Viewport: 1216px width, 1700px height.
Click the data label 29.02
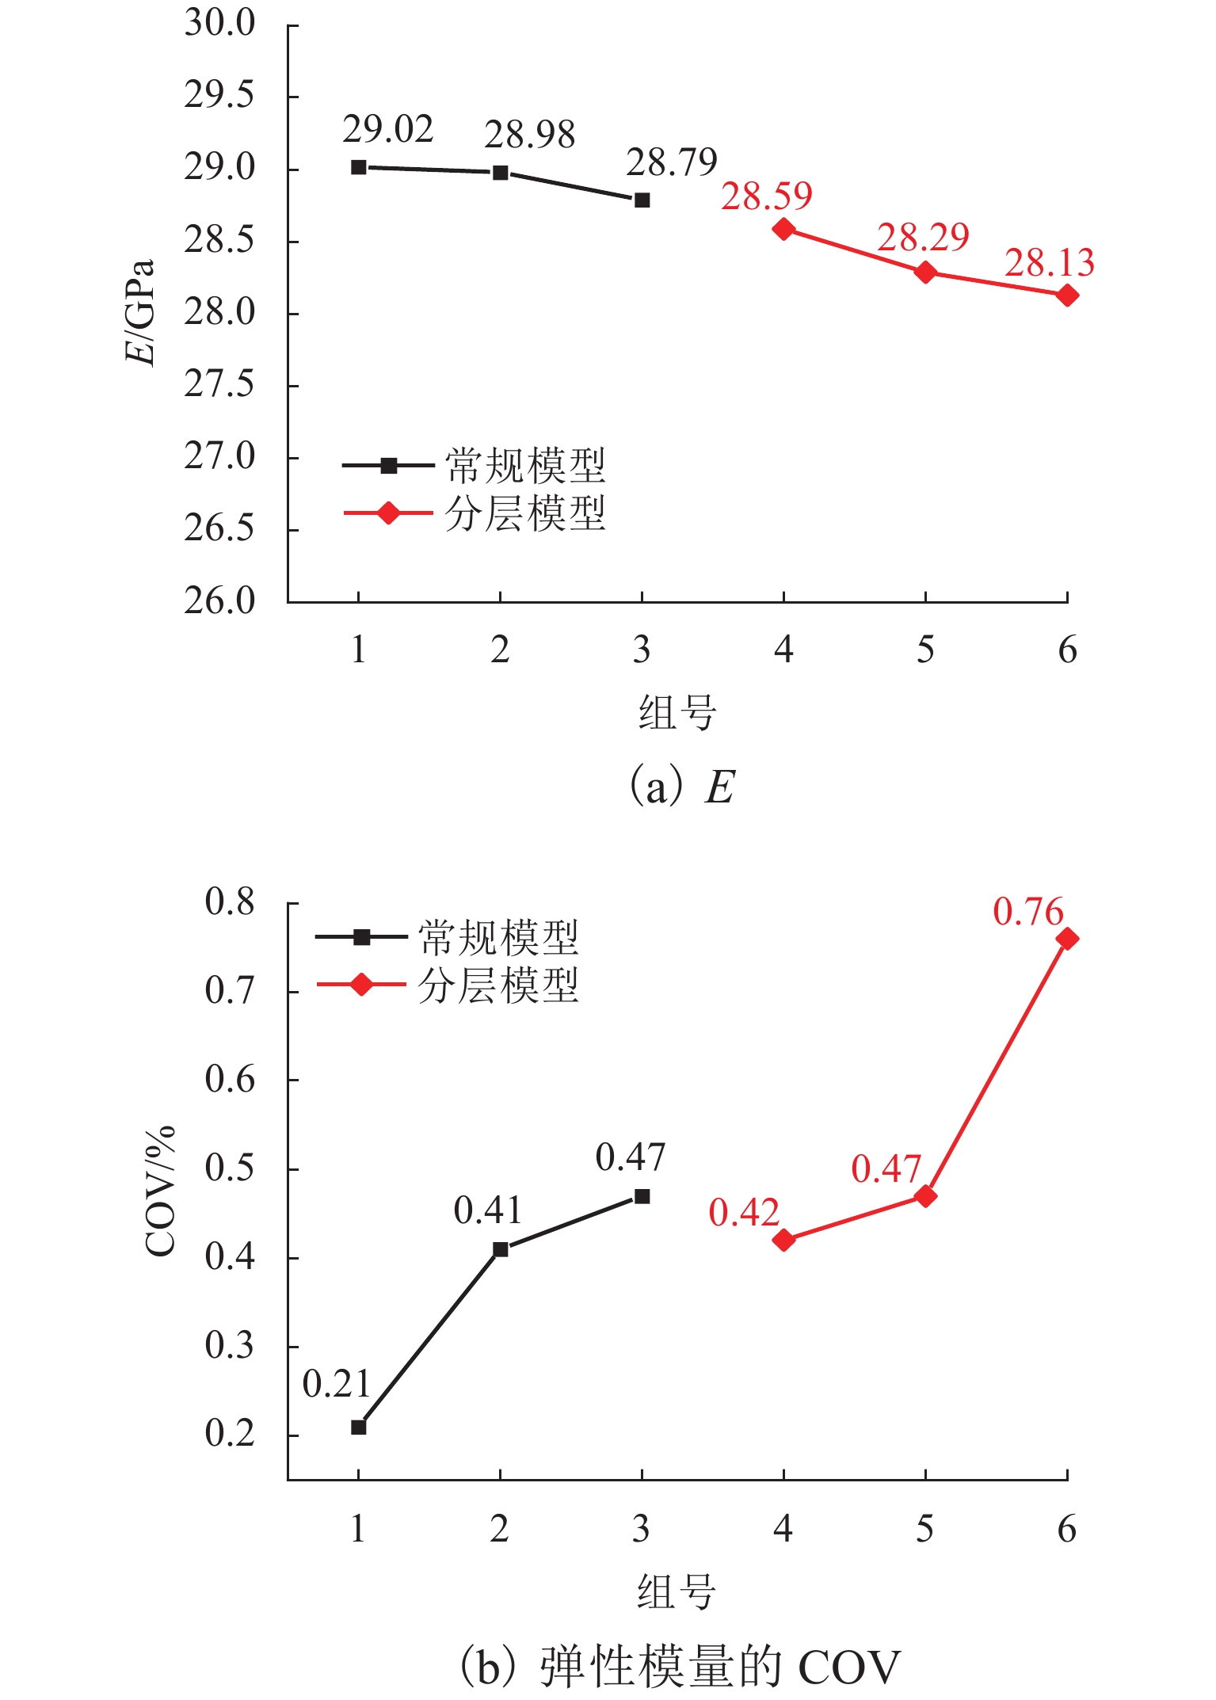(388, 130)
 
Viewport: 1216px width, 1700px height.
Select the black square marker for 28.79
(642, 200)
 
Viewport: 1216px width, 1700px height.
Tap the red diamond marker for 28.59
(783, 230)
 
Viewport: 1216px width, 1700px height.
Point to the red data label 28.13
(1049, 263)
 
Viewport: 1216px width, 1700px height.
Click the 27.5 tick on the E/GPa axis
(219, 385)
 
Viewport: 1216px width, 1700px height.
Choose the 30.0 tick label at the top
(219, 24)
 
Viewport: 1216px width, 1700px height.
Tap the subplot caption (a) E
(681, 787)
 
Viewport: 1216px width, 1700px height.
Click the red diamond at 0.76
(1067, 939)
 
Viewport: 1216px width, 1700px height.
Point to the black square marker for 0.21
(358, 1427)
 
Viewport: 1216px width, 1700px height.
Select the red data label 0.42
(744, 1213)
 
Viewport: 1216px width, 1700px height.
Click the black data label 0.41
(488, 1210)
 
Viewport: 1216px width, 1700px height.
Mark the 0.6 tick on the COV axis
(230, 1080)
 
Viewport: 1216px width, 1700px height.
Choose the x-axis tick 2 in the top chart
(500, 650)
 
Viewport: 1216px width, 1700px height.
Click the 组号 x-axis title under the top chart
(677, 712)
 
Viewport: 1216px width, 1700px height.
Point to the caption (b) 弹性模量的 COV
(680, 1666)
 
